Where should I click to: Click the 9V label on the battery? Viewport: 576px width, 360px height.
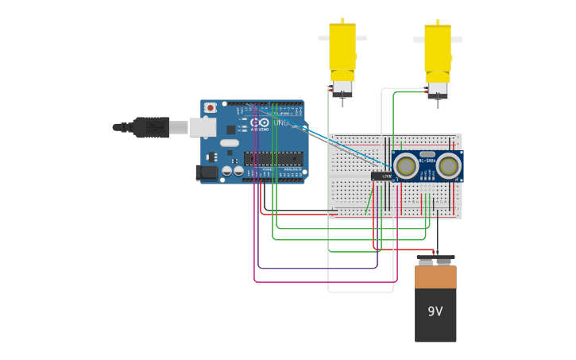(x=435, y=312)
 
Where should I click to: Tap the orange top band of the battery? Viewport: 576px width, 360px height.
(x=435, y=277)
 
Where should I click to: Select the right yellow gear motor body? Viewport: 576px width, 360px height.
(x=437, y=48)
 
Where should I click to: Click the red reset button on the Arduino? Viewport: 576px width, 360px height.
(x=210, y=107)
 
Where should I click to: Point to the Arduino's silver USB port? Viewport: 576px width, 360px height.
(x=203, y=126)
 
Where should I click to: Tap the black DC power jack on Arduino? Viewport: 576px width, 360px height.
(x=207, y=172)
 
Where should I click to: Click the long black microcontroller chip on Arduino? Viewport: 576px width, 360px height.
(x=273, y=158)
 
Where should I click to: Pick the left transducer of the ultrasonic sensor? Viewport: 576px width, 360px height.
(x=406, y=166)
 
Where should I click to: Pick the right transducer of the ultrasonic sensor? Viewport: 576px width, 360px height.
(x=448, y=166)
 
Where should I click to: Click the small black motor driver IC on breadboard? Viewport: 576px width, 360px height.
(x=381, y=176)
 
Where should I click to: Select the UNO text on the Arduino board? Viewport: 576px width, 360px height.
(x=280, y=122)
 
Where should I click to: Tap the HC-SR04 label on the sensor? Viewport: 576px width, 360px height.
(x=427, y=161)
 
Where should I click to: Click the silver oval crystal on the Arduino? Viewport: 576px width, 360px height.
(x=229, y=142)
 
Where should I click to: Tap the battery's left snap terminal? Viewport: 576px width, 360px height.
(x=426, y=261)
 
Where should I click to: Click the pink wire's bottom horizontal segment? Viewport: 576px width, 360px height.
(x=326, y=281)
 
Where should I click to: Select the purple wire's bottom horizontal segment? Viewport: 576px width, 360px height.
(x=318, y=268)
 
